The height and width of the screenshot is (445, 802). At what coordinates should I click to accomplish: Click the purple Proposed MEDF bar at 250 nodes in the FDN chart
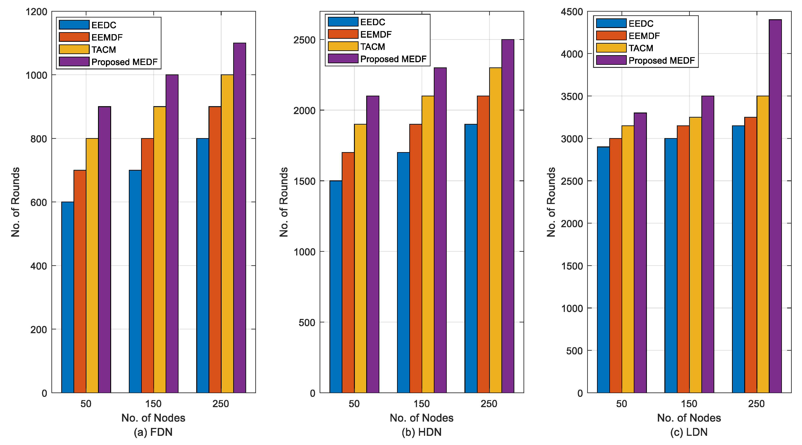click(239, 218)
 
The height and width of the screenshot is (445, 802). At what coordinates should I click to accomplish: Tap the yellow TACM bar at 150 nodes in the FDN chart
click(160, 249)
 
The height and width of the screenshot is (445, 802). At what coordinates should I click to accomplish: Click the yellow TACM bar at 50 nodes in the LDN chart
click(628, 259)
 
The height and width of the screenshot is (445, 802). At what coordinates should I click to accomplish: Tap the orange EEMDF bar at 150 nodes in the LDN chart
click(683, 259)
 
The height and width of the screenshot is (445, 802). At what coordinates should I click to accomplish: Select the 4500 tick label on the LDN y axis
click(572, 12)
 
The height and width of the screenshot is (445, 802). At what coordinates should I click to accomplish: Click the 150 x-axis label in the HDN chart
click(422, 404)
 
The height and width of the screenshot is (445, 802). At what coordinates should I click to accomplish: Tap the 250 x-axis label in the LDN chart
click(756, 404)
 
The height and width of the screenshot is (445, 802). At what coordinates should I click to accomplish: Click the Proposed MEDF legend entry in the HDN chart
click(393, 59)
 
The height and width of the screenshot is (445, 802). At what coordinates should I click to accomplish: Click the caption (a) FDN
click(153, 432)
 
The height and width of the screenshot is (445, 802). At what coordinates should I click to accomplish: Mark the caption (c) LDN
click(689, 432)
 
